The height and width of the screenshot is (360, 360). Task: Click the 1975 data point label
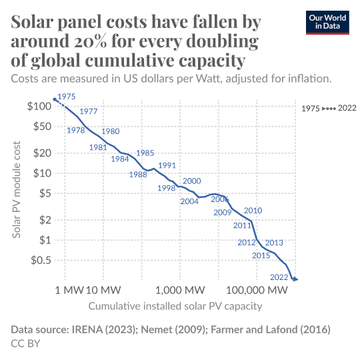(67, 97)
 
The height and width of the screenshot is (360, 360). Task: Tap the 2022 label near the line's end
(278, 277)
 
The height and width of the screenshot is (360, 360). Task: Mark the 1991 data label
(167, 165)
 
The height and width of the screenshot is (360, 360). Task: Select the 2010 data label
(253, 211)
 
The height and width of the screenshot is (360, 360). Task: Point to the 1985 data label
(145, 153)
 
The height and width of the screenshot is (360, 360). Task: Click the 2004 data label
(189, 201)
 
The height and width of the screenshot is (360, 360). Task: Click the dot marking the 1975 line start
(55, 99)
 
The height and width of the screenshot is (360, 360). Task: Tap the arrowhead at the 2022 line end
(295, 279)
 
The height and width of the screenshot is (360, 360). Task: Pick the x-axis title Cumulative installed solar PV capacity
(175, 307)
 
